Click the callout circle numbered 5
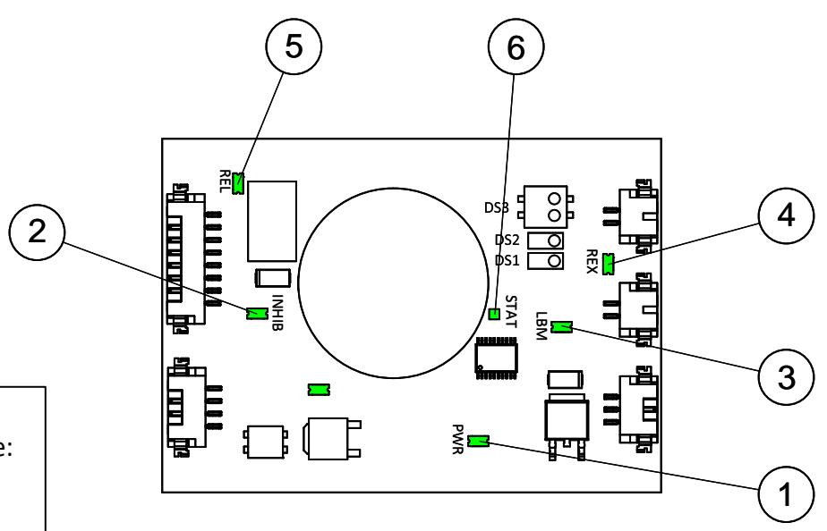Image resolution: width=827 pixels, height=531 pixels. (294, 46)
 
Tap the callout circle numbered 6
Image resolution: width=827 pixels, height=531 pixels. (516, 47)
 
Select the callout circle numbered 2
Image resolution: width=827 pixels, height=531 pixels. (37, 232)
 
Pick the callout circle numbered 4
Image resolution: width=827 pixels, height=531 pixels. (786, 215)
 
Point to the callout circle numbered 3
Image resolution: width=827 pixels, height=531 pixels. (786, 377)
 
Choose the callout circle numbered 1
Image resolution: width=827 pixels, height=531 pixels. (786, 495)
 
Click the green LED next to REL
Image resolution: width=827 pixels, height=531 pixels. (238, 183)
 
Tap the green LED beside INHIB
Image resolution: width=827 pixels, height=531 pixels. (257, 313)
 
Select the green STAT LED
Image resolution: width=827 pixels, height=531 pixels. (494, 314)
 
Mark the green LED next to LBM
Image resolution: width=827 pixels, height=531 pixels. (562, 327)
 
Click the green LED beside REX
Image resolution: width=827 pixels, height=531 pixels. (608, 264)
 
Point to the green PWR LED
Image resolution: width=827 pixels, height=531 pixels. (478, 441)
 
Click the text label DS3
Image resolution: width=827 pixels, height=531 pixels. (497, 208)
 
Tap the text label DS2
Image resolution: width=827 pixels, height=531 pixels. (507, 240)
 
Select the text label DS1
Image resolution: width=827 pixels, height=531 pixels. (507, 261)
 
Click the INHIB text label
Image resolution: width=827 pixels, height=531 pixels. (278, 312)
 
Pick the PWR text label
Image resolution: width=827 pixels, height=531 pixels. (457, 439)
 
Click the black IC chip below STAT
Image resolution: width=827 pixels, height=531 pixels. (497, 358)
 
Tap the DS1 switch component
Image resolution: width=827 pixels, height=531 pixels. (545, 261)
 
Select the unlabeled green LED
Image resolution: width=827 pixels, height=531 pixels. (319, 390)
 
